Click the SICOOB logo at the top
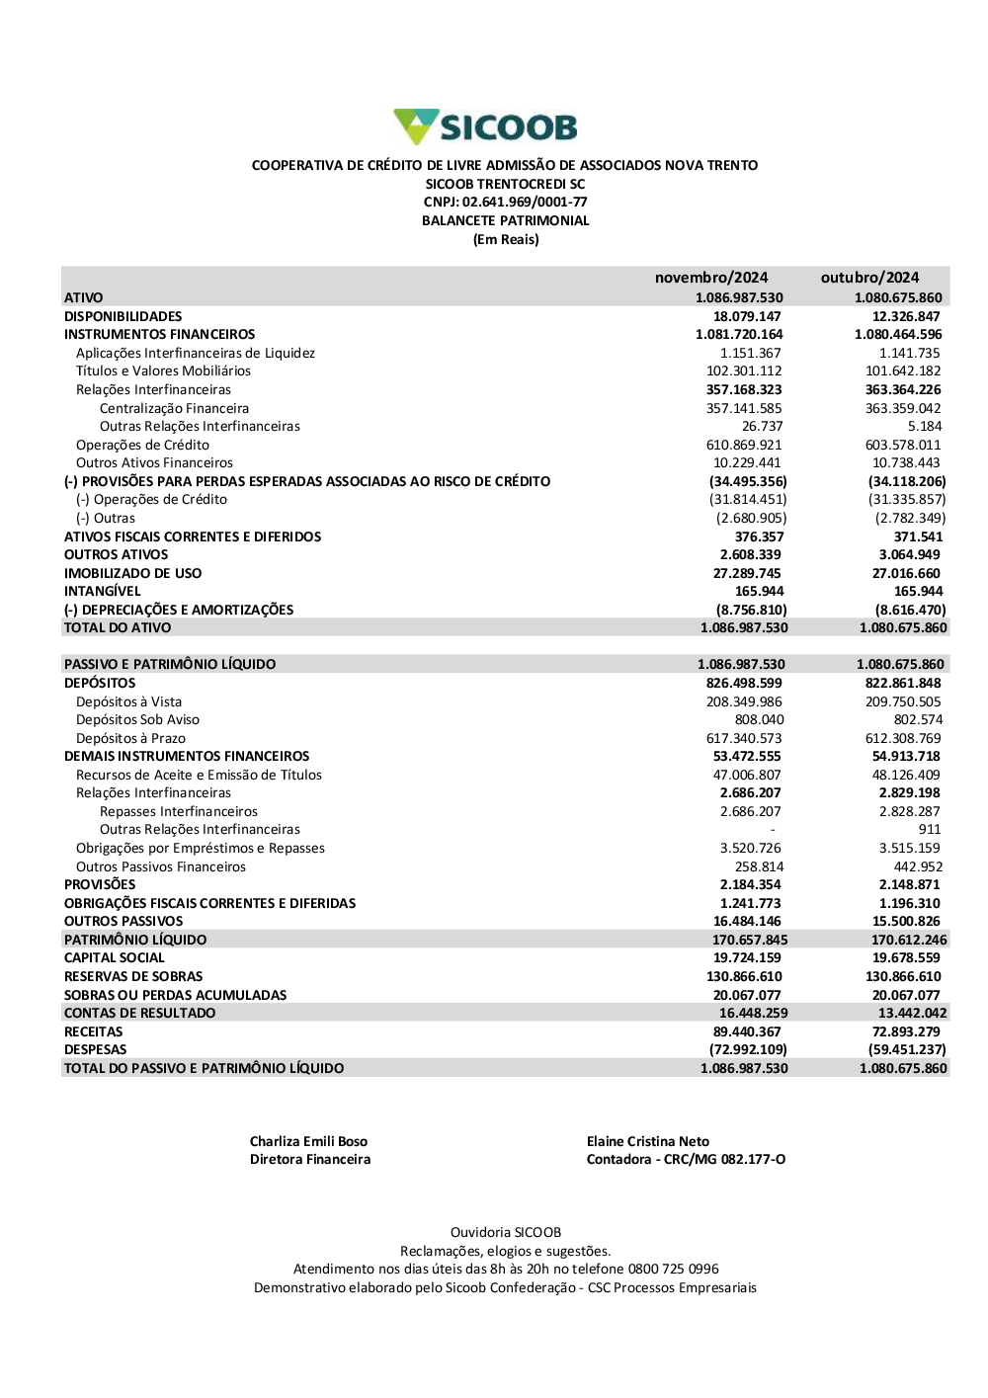485,127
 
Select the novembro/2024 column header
710,278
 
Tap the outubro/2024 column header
869,278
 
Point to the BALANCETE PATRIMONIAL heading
505,221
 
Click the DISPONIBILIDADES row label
123,316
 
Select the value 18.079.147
747,316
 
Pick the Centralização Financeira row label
174,408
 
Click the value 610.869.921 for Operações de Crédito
744,445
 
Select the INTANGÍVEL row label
103,591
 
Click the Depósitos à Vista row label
128,701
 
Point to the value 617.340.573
744,738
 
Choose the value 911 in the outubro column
929,830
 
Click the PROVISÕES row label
100,884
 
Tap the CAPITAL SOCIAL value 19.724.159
747,957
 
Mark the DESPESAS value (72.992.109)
748,1049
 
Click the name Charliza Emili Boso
308,1141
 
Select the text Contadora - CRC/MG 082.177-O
686,1160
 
